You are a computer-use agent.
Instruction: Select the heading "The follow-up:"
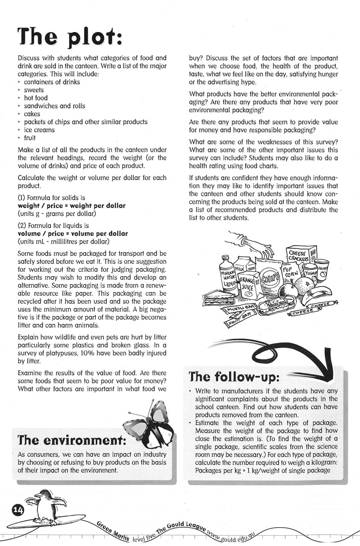(x=234, y=377)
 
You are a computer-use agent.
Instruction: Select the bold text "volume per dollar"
(x=101, y=233)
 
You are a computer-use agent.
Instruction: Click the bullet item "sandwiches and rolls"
(x=54, y=106)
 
